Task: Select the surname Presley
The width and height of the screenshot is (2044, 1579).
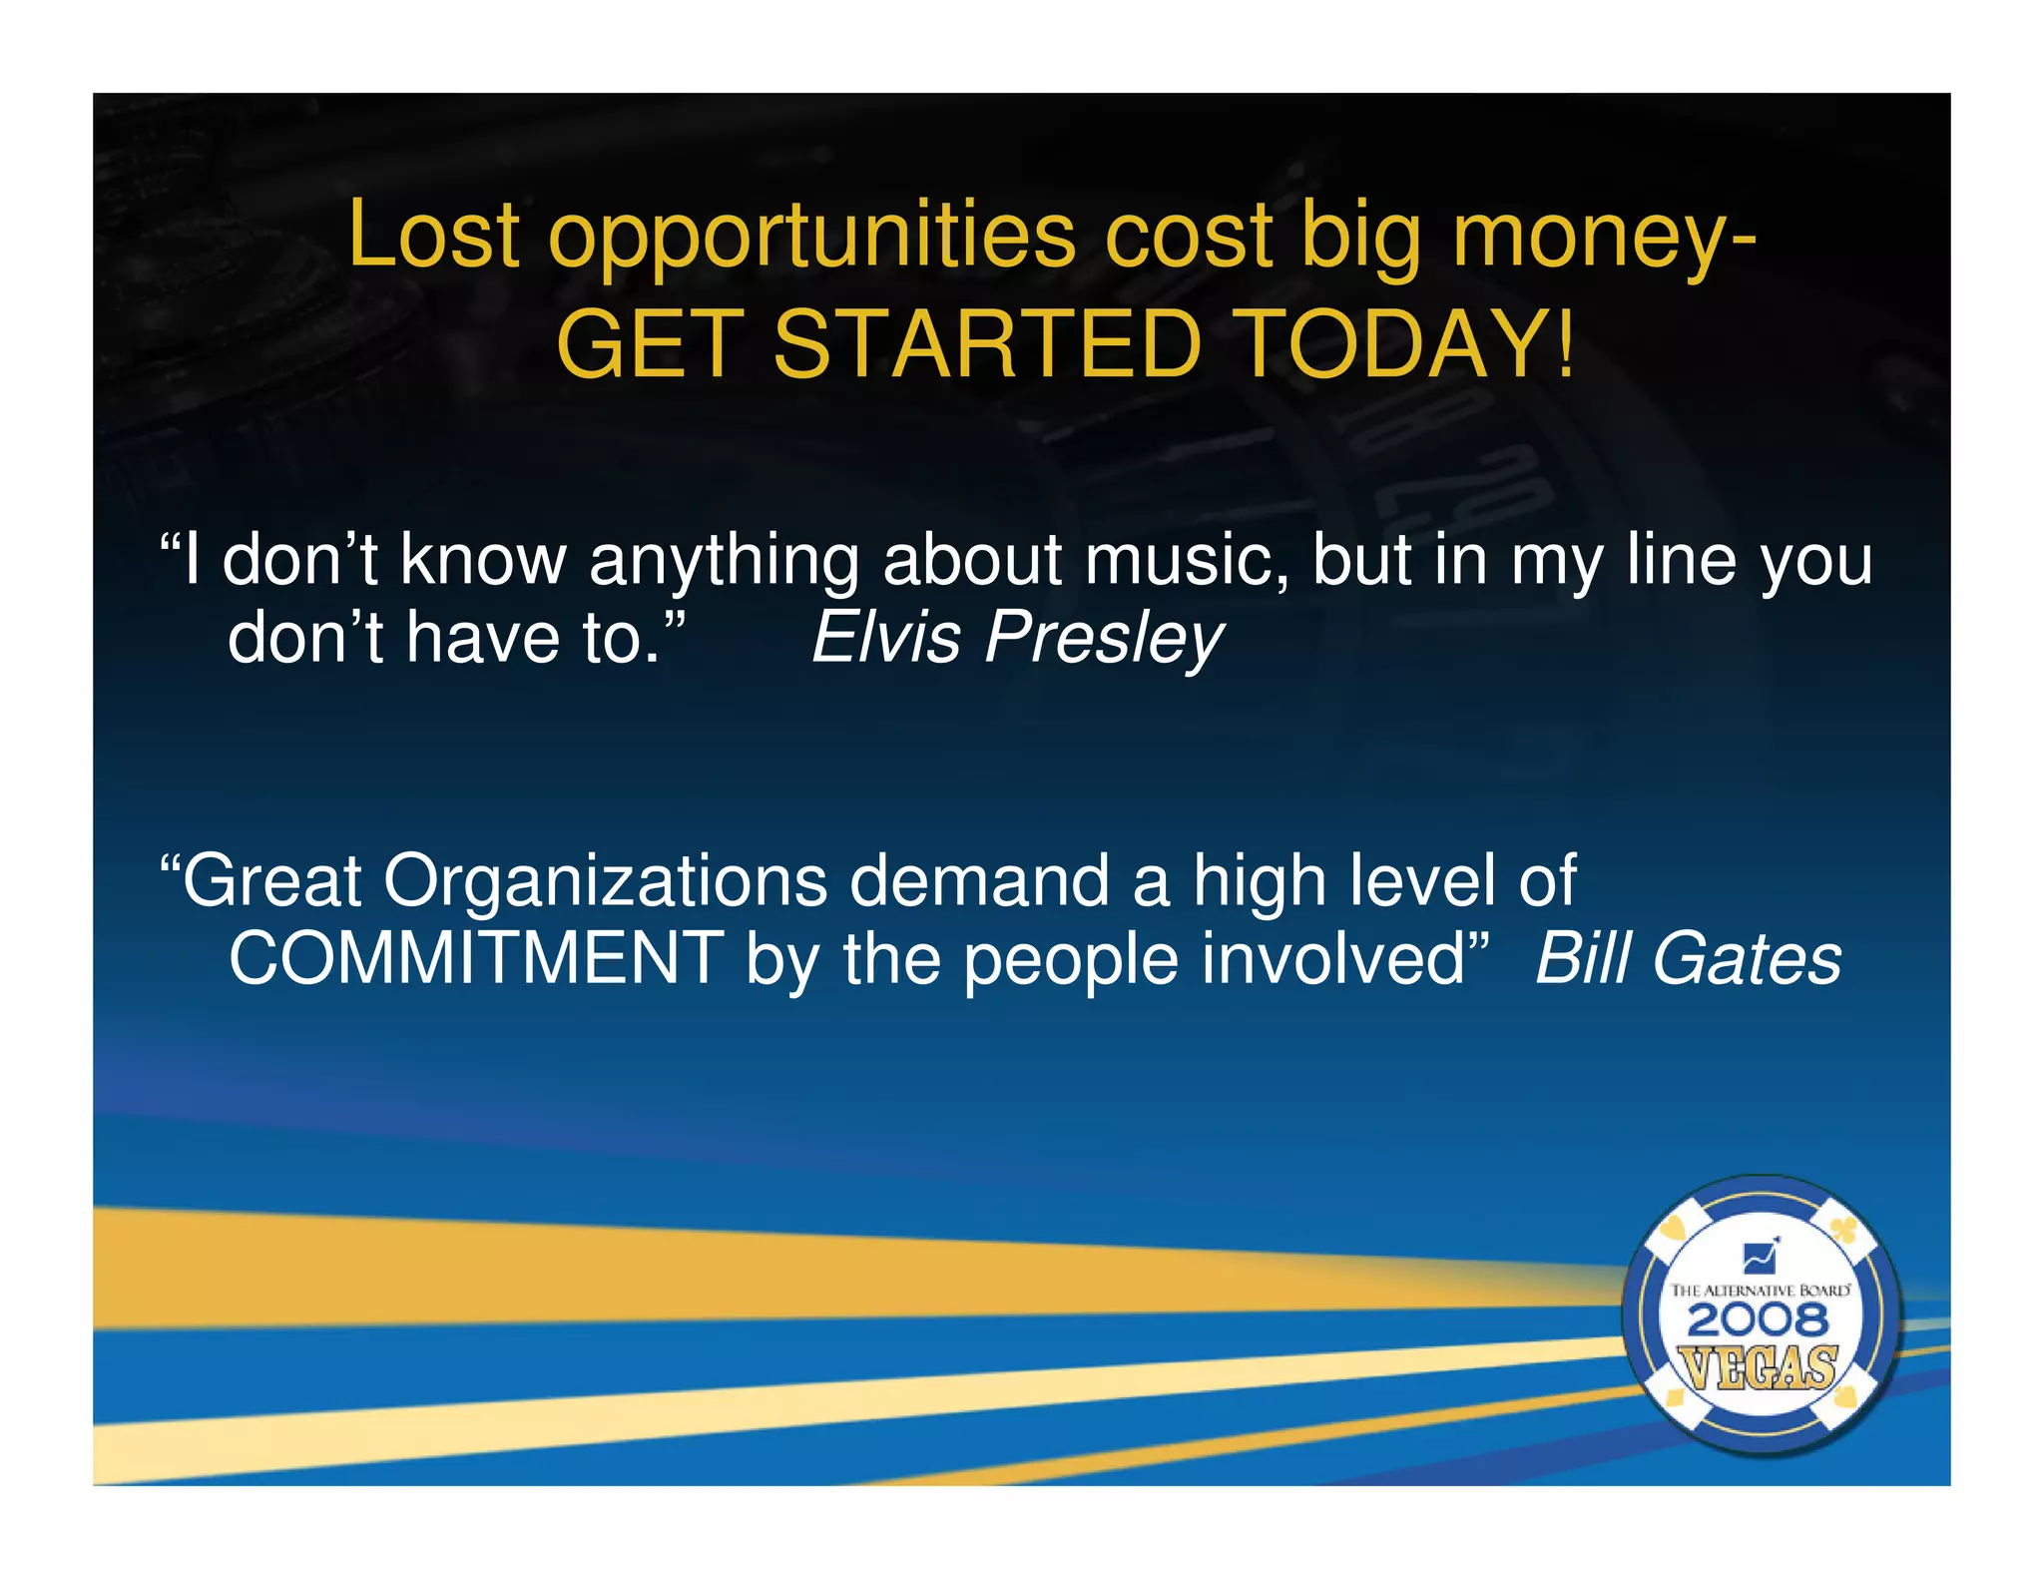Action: tap(1104, 639)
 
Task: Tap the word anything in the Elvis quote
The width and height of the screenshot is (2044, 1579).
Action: tap(724, 562)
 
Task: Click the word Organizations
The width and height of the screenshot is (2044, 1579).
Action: tap(605, 882)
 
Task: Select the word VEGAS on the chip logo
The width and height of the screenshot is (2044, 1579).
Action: tap(1759, 1366)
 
